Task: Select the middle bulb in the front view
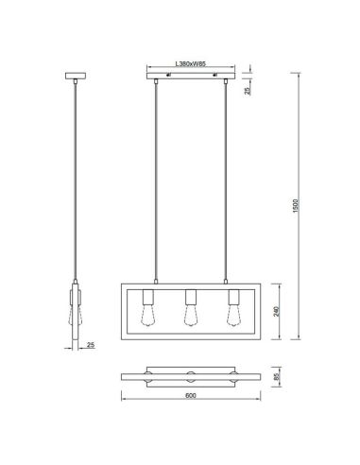[x=188, y=313]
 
